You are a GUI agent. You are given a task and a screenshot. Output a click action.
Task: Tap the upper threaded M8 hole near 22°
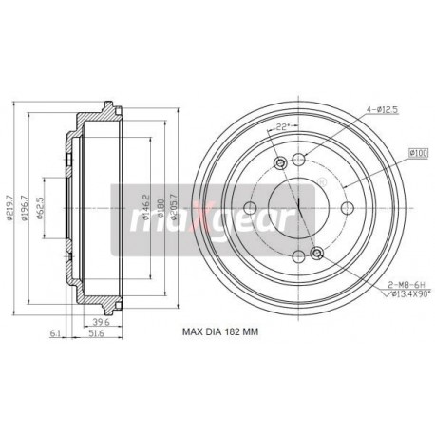point(280,165)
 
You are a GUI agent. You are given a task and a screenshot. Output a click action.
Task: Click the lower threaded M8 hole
point(316,253)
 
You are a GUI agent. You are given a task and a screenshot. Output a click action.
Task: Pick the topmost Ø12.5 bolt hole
point(299,160)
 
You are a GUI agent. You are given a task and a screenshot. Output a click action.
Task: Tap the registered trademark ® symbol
point(323,181)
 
